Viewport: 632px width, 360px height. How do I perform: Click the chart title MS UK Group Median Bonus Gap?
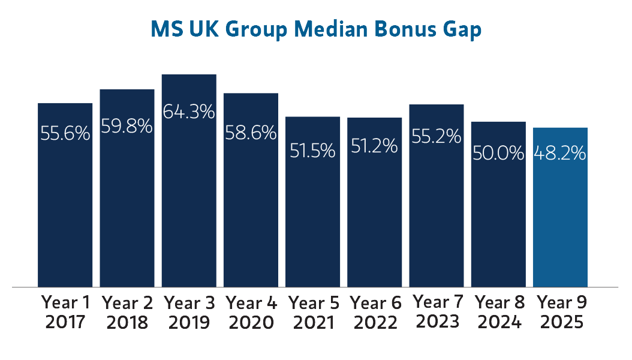(x=315, y=29)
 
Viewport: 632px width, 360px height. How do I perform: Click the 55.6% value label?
(x=65, y=133)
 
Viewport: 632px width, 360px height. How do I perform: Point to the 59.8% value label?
(x=127, y=127)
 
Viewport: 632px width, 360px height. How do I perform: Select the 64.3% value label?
(x=189, y=112)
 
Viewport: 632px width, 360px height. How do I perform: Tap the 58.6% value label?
(x=251, y=133)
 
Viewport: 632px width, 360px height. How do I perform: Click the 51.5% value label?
(x=312, y=151)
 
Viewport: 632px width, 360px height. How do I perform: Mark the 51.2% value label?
(x=374, y=146)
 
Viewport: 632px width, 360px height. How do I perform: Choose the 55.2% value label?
(x=436, y=136)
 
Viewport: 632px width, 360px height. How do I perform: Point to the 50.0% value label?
(x=498, y=154)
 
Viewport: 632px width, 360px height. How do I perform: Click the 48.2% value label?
(x=560, y=154)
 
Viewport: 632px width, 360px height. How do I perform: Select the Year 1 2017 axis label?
(x=65, y=312)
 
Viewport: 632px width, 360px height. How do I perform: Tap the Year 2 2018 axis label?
(x=127, y=312)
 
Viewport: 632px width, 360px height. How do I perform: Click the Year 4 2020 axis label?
(x=251, y=312)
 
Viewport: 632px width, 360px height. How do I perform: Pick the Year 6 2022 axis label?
(x=374, y=312)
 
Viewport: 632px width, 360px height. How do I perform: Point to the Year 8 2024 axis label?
(x=498, y=312)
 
